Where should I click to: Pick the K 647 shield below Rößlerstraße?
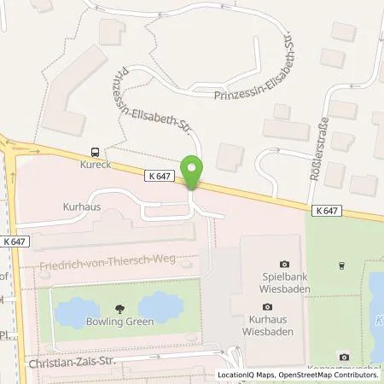point(325,209)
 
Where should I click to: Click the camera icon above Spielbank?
point(283,264)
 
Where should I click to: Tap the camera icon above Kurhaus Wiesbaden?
point(267,307)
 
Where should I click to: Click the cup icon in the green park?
point(340,265)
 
